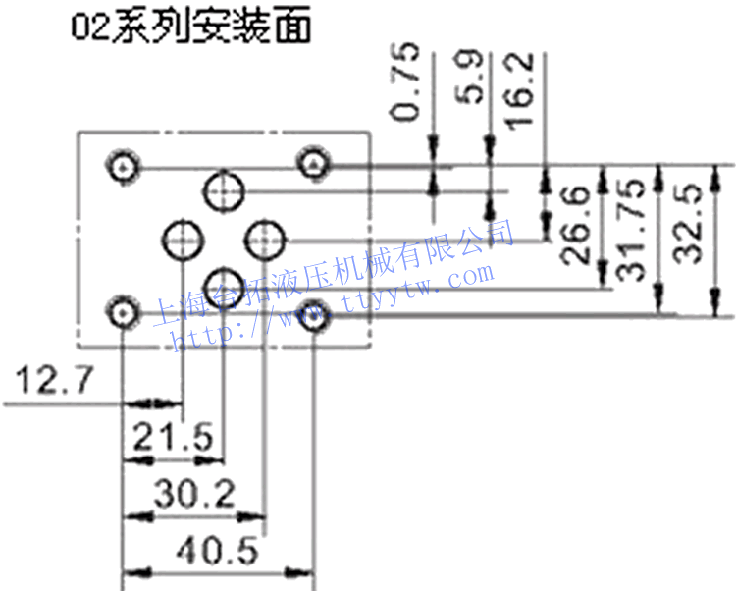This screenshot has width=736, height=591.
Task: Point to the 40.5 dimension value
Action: click(x=219, y=552)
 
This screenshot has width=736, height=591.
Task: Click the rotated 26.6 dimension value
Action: click(x=577, y=228)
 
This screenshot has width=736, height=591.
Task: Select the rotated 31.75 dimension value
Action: click(x=632, y=230)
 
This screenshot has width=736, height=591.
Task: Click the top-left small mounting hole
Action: click(x=122, y=166)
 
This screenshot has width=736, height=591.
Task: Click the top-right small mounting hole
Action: click(x=314, y=163)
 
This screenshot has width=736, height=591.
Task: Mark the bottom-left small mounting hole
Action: click(x=122, y=313)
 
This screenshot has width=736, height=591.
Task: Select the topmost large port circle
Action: click(x=225, y=190)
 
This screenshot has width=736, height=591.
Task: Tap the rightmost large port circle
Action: click(x=265, y=239)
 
